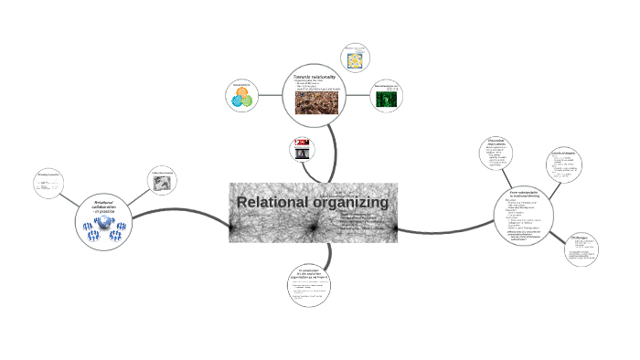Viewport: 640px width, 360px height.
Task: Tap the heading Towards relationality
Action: coord(316,76)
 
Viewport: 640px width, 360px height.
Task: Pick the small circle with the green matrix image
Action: coord(387,97)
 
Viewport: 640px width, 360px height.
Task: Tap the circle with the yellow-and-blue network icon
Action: coord(353,57)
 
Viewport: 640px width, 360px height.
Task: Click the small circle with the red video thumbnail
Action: coord(302,149)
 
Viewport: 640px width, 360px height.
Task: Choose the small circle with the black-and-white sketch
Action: coord(163,180)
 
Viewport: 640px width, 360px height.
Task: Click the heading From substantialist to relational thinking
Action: coord(527,196)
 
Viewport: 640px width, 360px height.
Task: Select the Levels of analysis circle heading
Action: coord(561,153)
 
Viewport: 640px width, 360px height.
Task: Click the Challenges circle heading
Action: coord(580,238)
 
